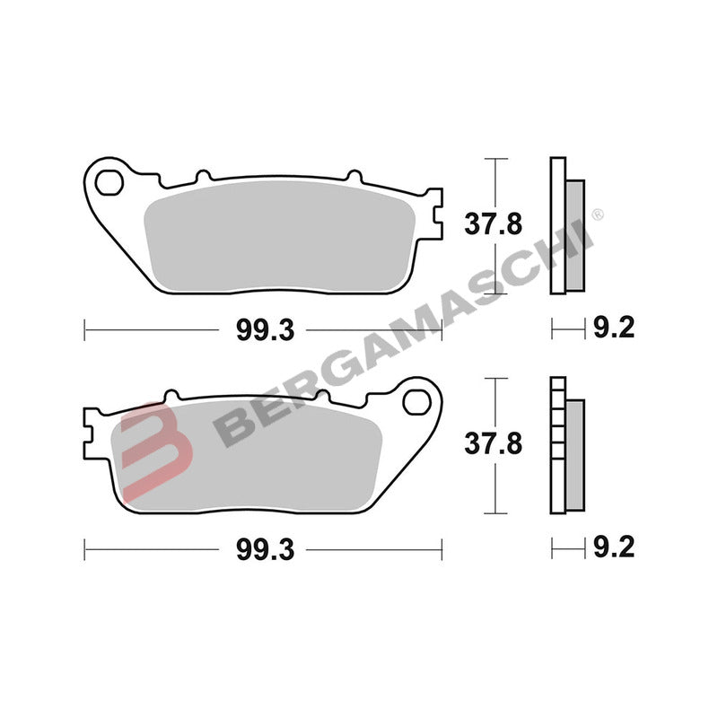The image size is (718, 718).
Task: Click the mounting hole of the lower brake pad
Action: coord(416,401)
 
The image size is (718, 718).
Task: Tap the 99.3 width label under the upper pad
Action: coord(266,330)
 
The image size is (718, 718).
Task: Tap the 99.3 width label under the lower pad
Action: coord(266,547)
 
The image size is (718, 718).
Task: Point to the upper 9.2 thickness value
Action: coord(614,329)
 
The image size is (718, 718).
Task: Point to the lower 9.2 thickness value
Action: coord(614,547)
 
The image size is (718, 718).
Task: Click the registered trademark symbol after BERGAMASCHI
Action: coord(599,215)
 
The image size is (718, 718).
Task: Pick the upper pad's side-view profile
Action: coord(565,224)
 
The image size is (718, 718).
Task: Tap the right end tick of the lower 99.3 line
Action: coord(441,547)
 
